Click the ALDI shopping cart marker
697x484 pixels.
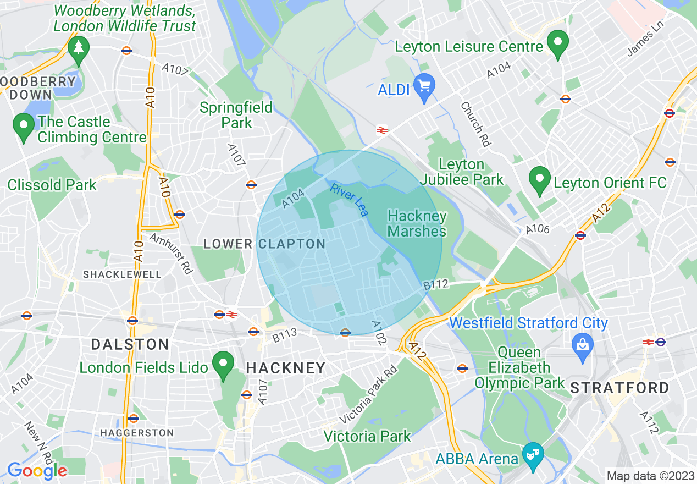[x=424, y=87]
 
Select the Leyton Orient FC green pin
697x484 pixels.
[x=539, y=180]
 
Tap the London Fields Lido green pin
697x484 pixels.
[x=223, y=365]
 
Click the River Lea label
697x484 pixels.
[x=349, y=200]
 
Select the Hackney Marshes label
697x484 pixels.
[x=417, y=223]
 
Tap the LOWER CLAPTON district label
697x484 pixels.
[x=264, y=244]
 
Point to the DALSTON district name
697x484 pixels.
[x=130, y=345]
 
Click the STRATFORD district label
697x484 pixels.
[x=619, y=388]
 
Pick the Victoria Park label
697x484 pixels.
[x=367, y=437]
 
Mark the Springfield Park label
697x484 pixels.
[x=236, y=114]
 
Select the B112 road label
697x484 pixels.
[x=436, y=285]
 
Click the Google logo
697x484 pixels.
[x=37, y=471]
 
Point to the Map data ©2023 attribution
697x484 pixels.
[x=649, y=476]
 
